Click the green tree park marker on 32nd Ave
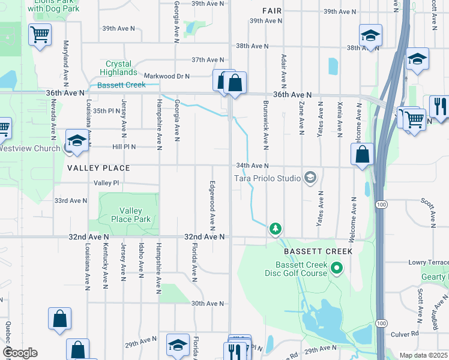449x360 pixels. pyautogui.click(x=276, y=228)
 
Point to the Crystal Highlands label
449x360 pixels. pyautogui.click(x=127, y=68)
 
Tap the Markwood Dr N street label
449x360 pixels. pyautogui.click(x=166, y=76)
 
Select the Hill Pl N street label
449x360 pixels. pyautogui.click(x=124, y=146)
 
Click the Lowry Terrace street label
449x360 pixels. pyautogui.click(x=429, y=262)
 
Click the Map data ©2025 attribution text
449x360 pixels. pyautogui.click(x=423, y=355)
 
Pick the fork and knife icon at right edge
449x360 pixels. pyautogui.click(x=439, y=106)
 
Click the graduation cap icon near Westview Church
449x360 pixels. pyautogui.click(x=77, y=140)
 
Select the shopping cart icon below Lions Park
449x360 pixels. pyautogui.click(x=40, y=34)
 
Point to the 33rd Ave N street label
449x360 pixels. pyautogui.click(x=70, y=200)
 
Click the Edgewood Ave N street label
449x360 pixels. pyautogui.click(x=212, y=204)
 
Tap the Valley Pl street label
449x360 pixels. pyautogui.click(x=106, y=182)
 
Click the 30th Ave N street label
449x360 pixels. pyautogui.click(x=207, y=304)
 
